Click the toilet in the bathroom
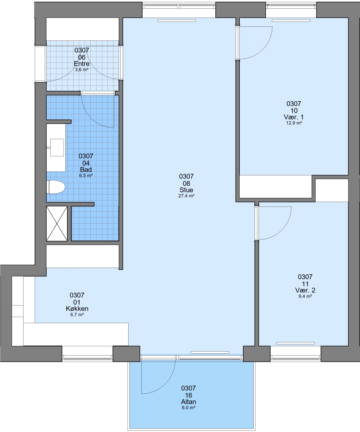click(56, 187)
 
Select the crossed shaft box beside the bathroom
click(57, 224)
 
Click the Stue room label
click(186, 190)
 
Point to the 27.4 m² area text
click(186, 196)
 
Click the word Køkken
click(77, 308)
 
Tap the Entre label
click(82, 64)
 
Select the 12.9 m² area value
click(294, 123)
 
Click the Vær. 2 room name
click(305, 290)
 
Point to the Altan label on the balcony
click(189, 402)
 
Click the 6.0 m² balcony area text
click(189, 408)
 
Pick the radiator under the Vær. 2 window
click(295, 343)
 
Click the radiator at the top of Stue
click(177, 21)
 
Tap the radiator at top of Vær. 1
click(291, 21)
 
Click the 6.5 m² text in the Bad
click(86, 176)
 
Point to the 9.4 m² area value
click(305, 296)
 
